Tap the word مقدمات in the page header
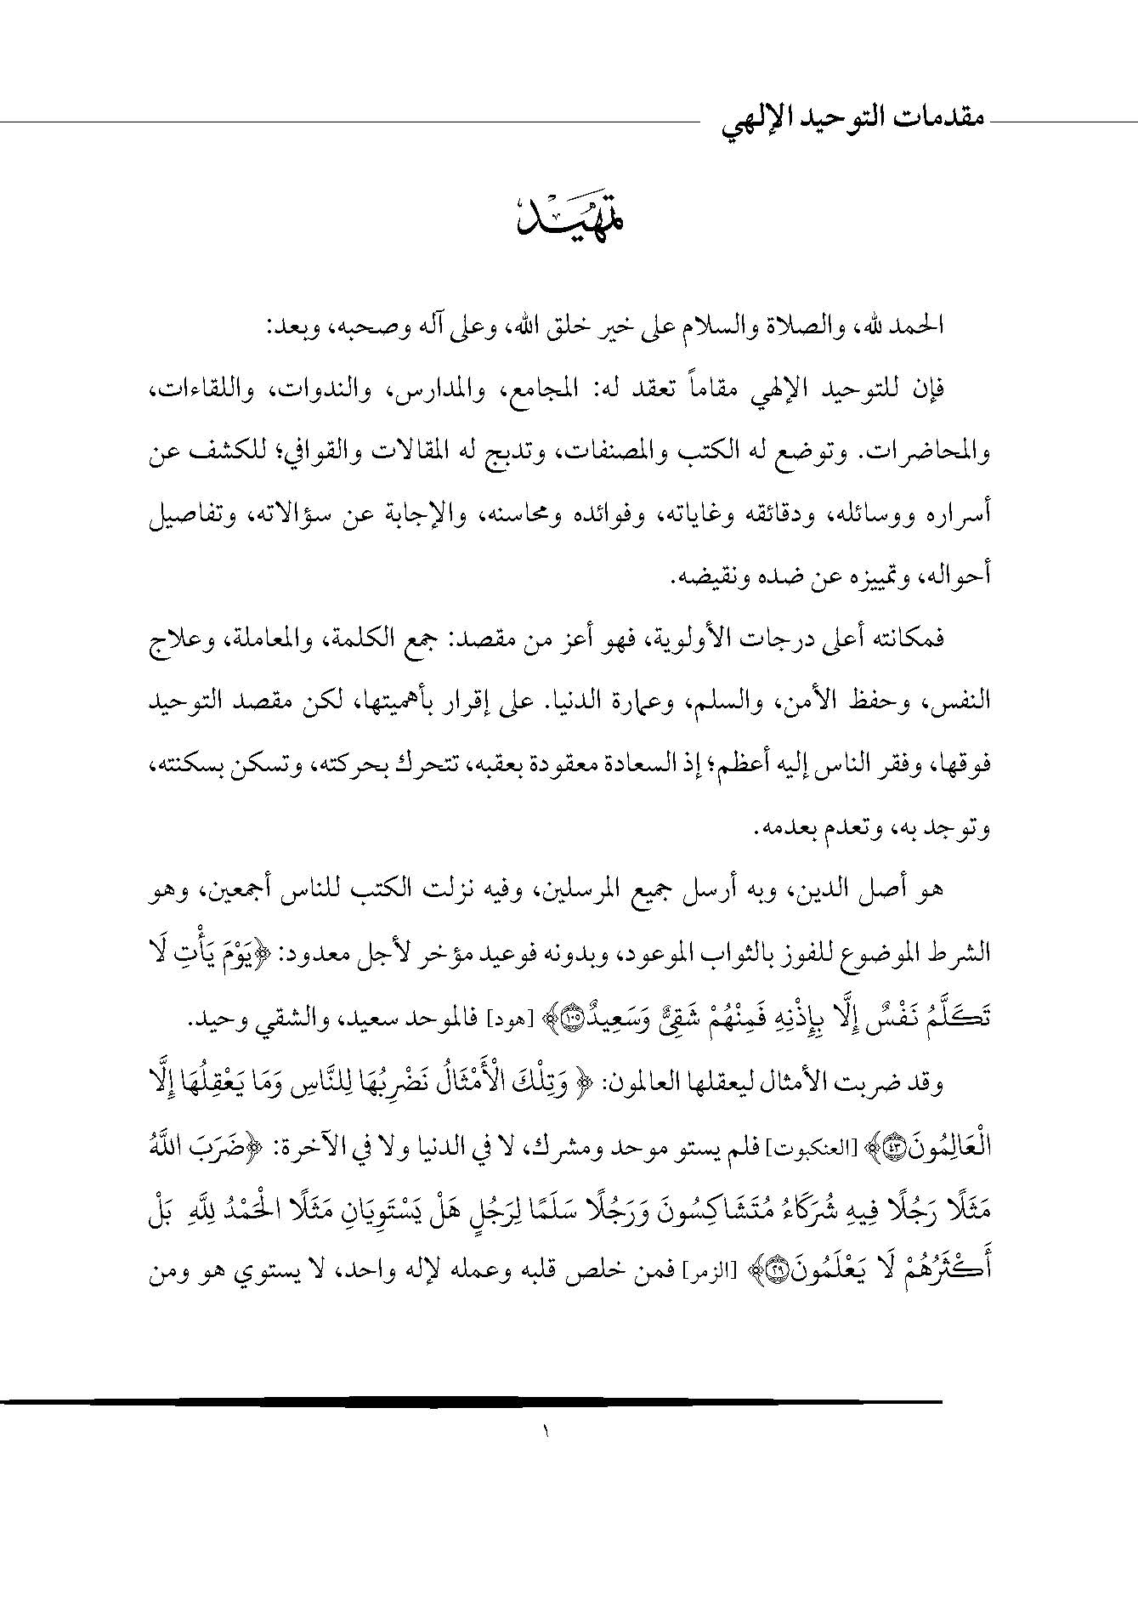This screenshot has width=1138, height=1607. pos(933,121)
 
